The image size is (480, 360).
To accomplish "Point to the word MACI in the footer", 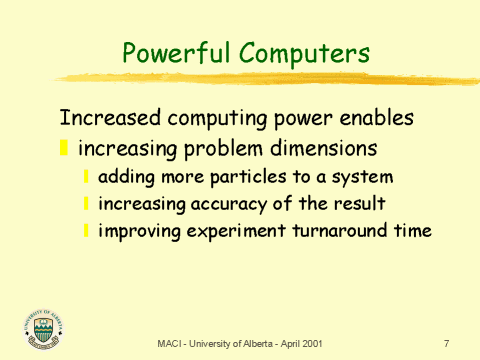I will click(168, 344).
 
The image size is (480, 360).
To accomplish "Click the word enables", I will click(377, 118).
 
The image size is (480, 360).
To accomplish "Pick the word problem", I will click(224, 150).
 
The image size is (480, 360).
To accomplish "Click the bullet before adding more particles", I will click(87, 177).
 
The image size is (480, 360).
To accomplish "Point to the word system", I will click(361, 178).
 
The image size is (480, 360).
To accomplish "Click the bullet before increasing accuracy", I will click(87, 204).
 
